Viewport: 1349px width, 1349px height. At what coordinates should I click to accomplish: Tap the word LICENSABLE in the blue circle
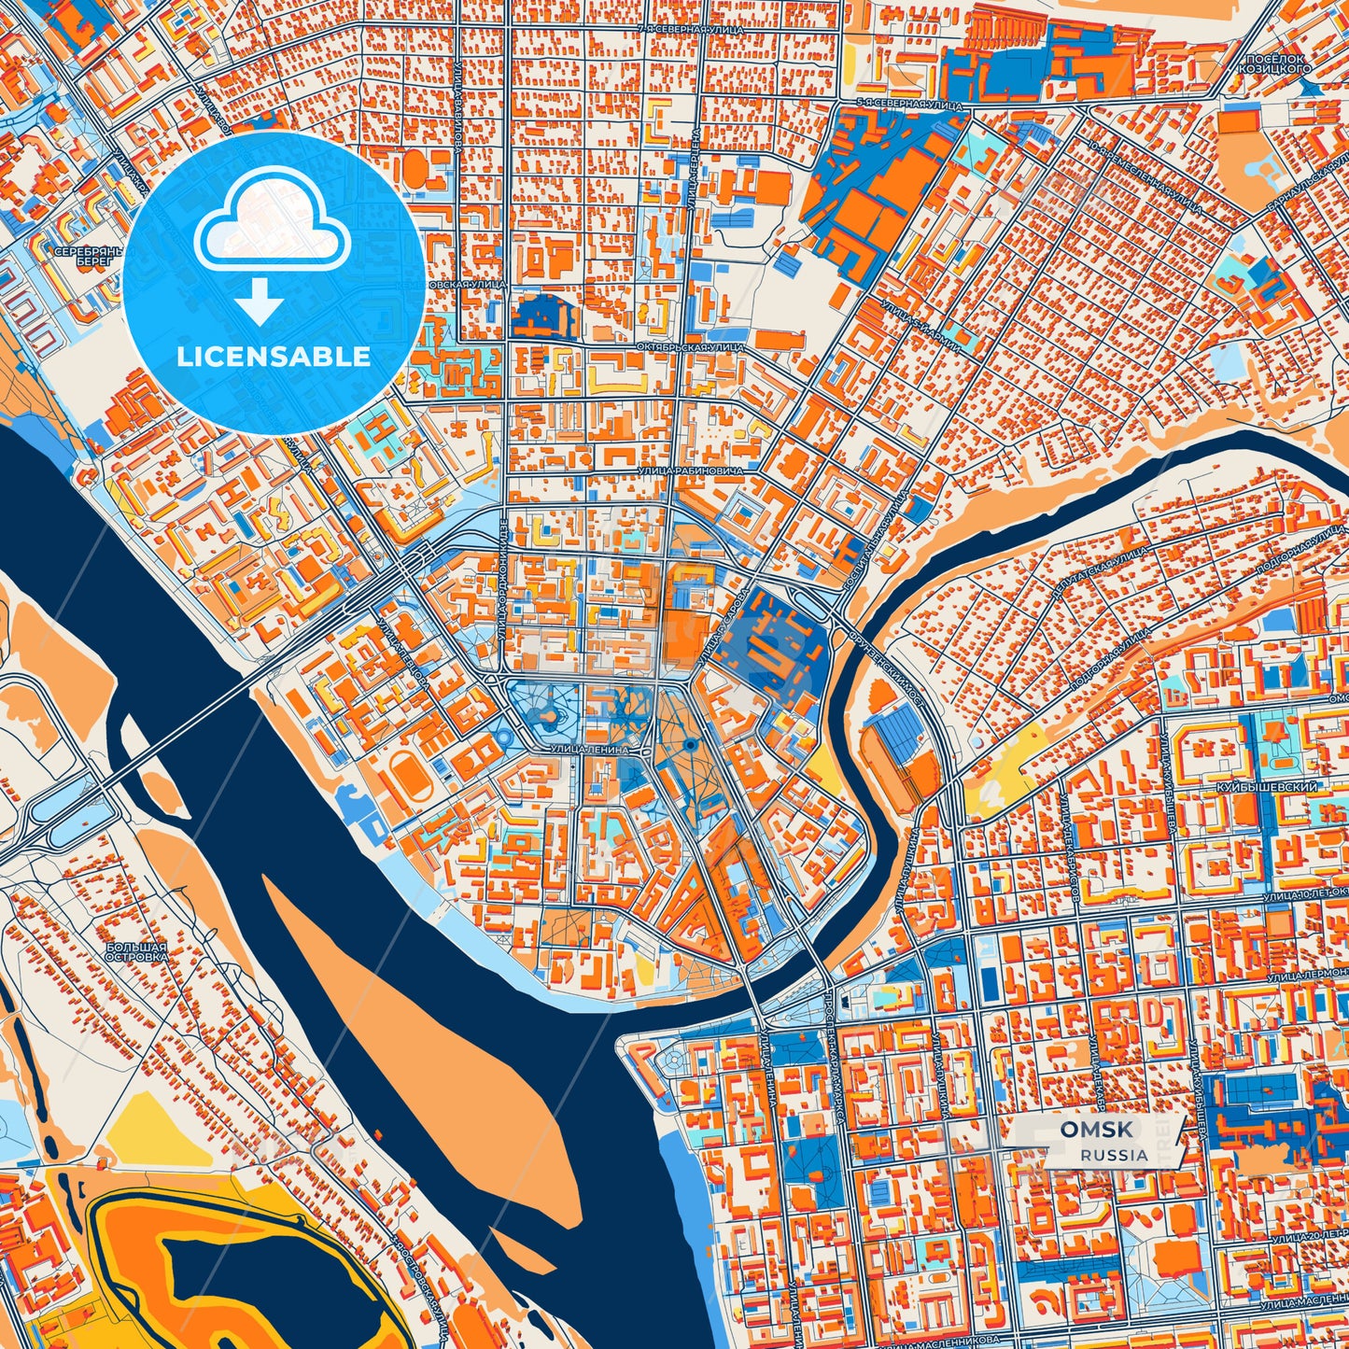[x=272, y=357]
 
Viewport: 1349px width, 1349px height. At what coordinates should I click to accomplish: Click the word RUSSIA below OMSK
[x=1115, y=1155]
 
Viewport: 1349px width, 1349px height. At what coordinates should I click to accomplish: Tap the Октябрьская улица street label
[x=691, y=346]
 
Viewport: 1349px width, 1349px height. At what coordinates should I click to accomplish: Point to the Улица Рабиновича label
[x=691, y=471]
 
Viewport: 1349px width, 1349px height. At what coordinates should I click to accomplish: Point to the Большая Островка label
[x=136, y=952]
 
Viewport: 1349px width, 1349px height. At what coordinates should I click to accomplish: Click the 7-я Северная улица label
[x=691, y=30]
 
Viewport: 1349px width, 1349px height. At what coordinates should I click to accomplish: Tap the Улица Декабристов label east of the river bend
[x=1069, y=867]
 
